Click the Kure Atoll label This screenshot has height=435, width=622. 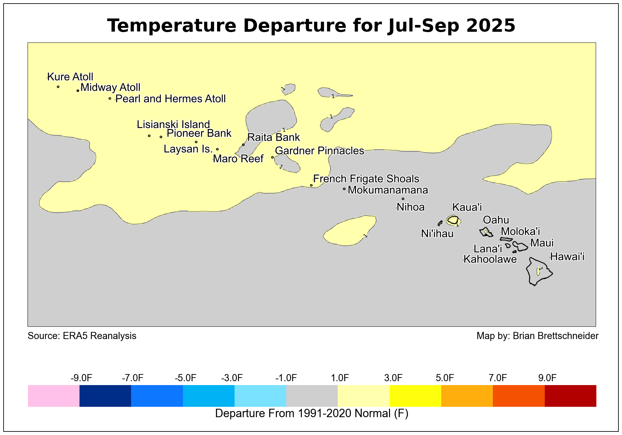[x=70, y=77]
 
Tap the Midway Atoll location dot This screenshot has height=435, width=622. [x=78, y=90]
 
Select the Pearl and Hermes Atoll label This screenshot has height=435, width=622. [x=170, y=99]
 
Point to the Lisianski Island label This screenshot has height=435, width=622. [x=173, y=124]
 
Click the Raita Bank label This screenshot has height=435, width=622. [x=274, y=137]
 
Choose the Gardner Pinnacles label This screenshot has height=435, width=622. [x=319, y=150]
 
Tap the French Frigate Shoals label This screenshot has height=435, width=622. [x=366, y=179]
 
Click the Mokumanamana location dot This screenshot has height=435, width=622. [x=344, y=189]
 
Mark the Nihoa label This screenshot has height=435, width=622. [x=410, y=207]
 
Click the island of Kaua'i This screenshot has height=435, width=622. [x=453, y=220]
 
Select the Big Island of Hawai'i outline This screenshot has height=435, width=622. [x=539, y=272]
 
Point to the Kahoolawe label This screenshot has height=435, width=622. [x=490, y=259]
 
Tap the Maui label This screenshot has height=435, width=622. [x=542, y=243]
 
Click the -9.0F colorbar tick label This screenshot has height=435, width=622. [x=81, y=378]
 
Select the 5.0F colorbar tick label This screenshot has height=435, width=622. [x=445, y=378]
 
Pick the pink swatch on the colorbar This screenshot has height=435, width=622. [x=54, y=396]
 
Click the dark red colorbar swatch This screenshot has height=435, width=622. [x=570, y=396]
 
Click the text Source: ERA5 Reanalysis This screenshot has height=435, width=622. [x=82, y=336]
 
